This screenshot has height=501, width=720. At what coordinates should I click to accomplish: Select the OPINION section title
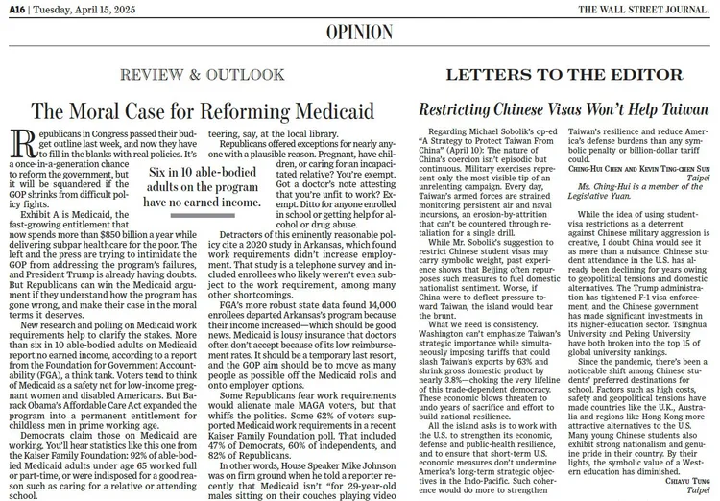(360, 34)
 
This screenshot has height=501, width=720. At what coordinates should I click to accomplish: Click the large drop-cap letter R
(16, 146)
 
